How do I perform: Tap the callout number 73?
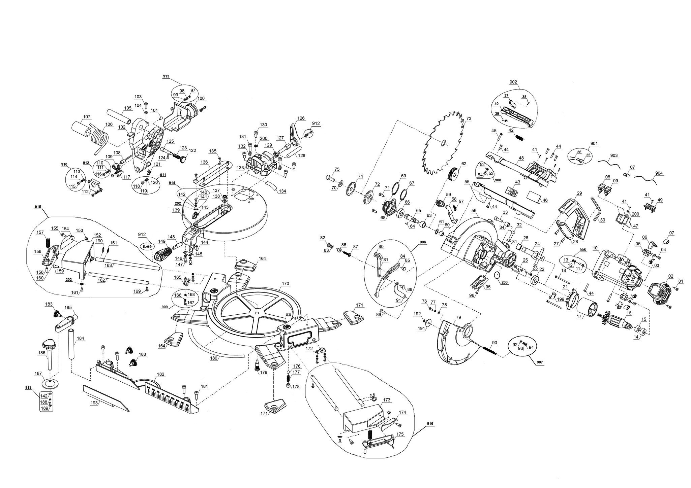[469, 119]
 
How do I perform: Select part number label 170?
[285, 283]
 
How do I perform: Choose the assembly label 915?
[38, 206]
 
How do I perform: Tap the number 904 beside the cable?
[659, 173]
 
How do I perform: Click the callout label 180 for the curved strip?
[214, 358]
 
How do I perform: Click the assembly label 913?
[166, 76]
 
